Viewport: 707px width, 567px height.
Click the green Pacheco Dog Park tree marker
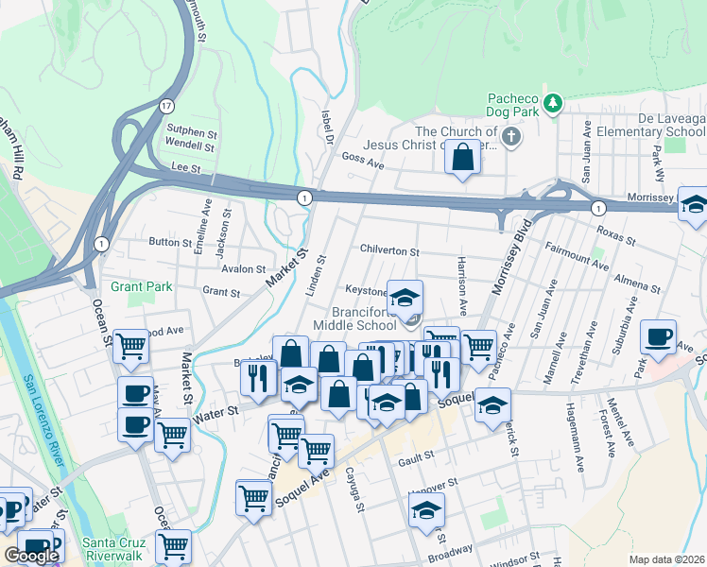pyautogui.click(x=554, y=101)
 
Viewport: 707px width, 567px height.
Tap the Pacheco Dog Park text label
pyautogui.click(x=512, y=106)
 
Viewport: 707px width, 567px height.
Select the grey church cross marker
pyautogui.click(x=511, y=138)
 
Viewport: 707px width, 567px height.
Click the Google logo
pyautogui.click(x=31, y=556)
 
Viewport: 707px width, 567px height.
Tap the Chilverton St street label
pyautogui.click(x=388, y=250)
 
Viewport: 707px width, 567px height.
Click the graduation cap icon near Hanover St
pyautogui.click(x=426, y=511)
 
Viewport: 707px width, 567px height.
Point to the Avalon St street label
pyautogui.click(x=244, y=269)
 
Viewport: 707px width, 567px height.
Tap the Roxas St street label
pyautogui.click(x=615, y=233)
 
